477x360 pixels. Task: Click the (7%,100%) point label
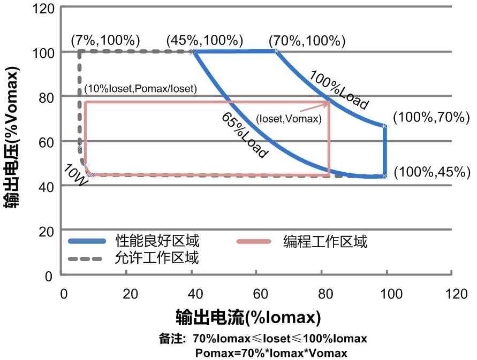(105, 40)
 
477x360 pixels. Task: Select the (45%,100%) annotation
(205, 40)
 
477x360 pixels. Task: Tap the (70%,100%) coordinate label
(307, 40)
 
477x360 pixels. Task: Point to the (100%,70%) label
(431, 118)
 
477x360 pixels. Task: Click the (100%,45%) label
(431, 172)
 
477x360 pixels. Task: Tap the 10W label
(75, 174)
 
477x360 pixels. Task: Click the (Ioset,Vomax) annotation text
(289, 119)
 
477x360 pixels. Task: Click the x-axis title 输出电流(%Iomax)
(248, 317)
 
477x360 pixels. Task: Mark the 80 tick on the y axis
(46, 97)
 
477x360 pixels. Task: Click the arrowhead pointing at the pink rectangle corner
(327, 103)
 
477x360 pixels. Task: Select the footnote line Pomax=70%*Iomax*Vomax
(271, 353)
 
